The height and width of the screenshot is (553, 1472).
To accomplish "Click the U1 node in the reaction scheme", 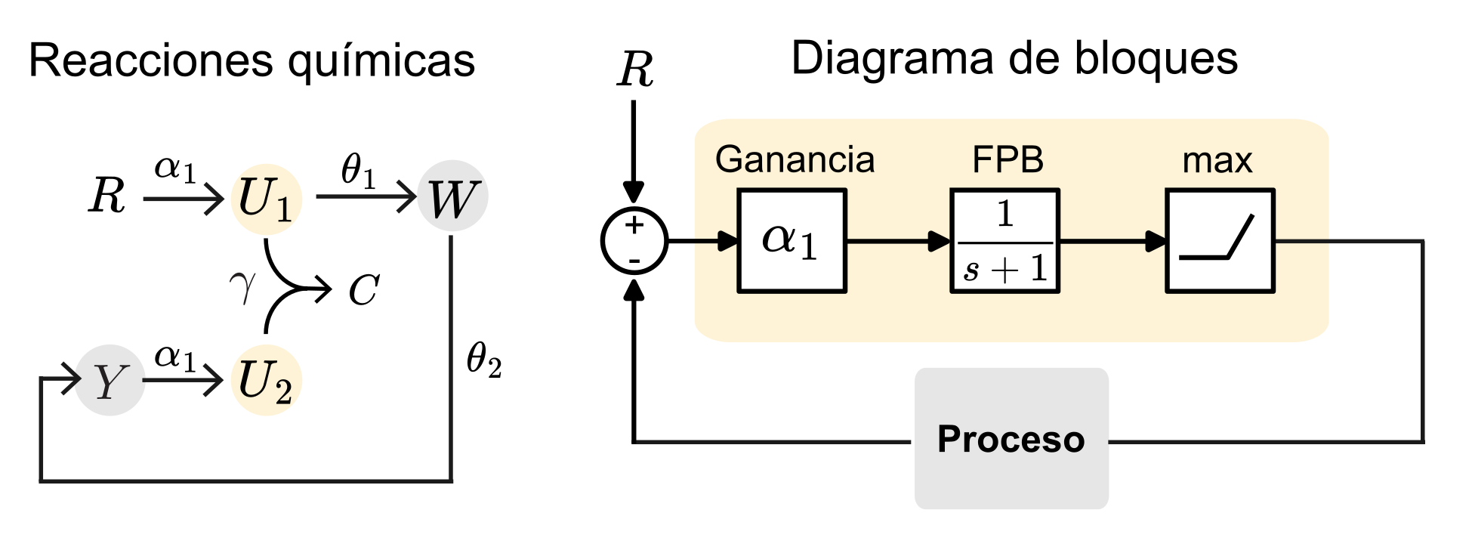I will pos(266,199).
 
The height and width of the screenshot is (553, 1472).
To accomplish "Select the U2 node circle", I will pos(266,380).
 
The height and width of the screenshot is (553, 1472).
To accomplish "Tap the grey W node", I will pos(452,196).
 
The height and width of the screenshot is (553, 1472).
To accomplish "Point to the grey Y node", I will pos(110,380).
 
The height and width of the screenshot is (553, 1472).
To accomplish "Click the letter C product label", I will pos(363,290).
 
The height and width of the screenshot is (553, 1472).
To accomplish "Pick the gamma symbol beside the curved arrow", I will pos(242,288).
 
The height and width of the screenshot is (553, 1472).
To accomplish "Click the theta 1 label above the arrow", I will pos(358,169).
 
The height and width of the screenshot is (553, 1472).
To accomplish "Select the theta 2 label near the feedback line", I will pos(484,359).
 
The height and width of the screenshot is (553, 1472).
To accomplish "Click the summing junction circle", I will pos(634,241).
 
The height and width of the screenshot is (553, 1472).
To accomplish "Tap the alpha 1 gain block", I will pos(792,241).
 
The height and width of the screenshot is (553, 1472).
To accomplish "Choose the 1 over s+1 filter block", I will pos(1004,241).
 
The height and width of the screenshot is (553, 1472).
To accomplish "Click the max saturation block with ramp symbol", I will pos(1220,241).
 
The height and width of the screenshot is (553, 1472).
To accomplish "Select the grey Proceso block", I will pos(1011,439).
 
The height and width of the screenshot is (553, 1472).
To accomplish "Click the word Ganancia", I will pos(795,160).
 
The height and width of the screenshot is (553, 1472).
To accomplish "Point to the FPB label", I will pos(1008,160).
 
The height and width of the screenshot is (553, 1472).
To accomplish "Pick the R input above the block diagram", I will pos(635,70).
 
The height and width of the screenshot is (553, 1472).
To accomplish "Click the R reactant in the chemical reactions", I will pos(107,196).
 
